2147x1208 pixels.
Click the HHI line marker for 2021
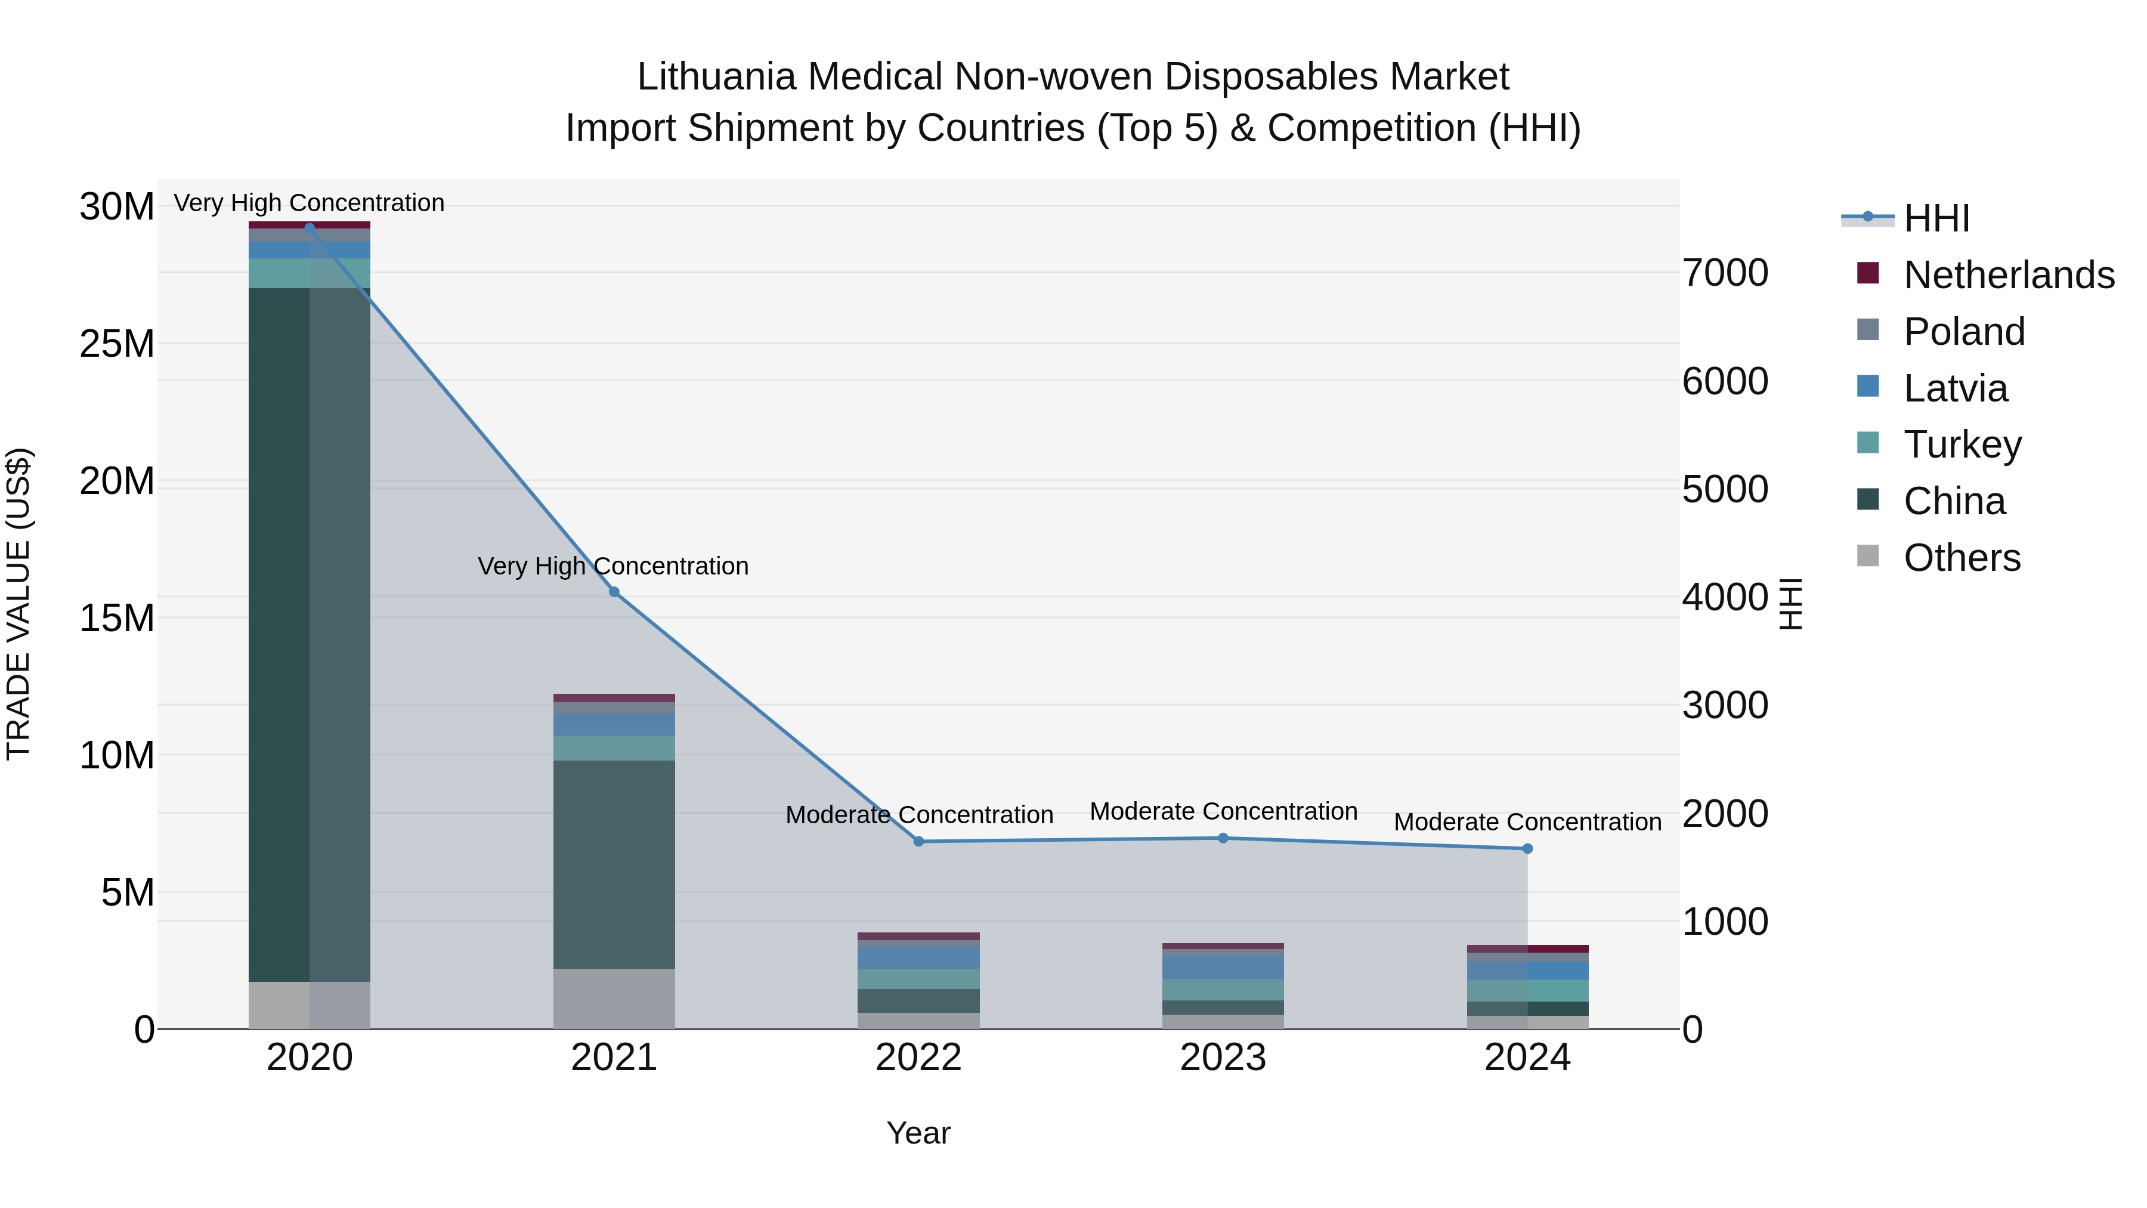click(614, 592)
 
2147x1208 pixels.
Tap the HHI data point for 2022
click(918, 841)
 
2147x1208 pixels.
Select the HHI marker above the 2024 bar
click(1528, 849)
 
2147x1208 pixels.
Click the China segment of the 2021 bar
click(614, 864)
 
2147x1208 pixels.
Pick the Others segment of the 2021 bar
click(614, 998)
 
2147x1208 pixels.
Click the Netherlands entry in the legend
click(2009, 275)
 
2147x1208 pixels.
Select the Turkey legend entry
click(1962, 444)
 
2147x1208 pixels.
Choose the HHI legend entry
click(1936, 218)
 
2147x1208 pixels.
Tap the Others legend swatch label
click(1962, 558)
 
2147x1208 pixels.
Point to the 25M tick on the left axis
click(117, 344)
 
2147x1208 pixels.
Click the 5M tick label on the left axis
click(128, 893)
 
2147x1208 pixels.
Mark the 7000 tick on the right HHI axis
click(1724, 273)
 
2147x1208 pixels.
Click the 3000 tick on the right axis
click(1724, 705)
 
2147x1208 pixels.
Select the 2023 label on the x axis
click(1223, 1058)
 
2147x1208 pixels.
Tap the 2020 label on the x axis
click(309, 1058)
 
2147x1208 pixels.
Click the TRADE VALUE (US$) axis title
click(19, 604)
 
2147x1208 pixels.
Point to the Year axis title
click(918, 1133)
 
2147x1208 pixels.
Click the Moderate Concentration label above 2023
click(1223, 811)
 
